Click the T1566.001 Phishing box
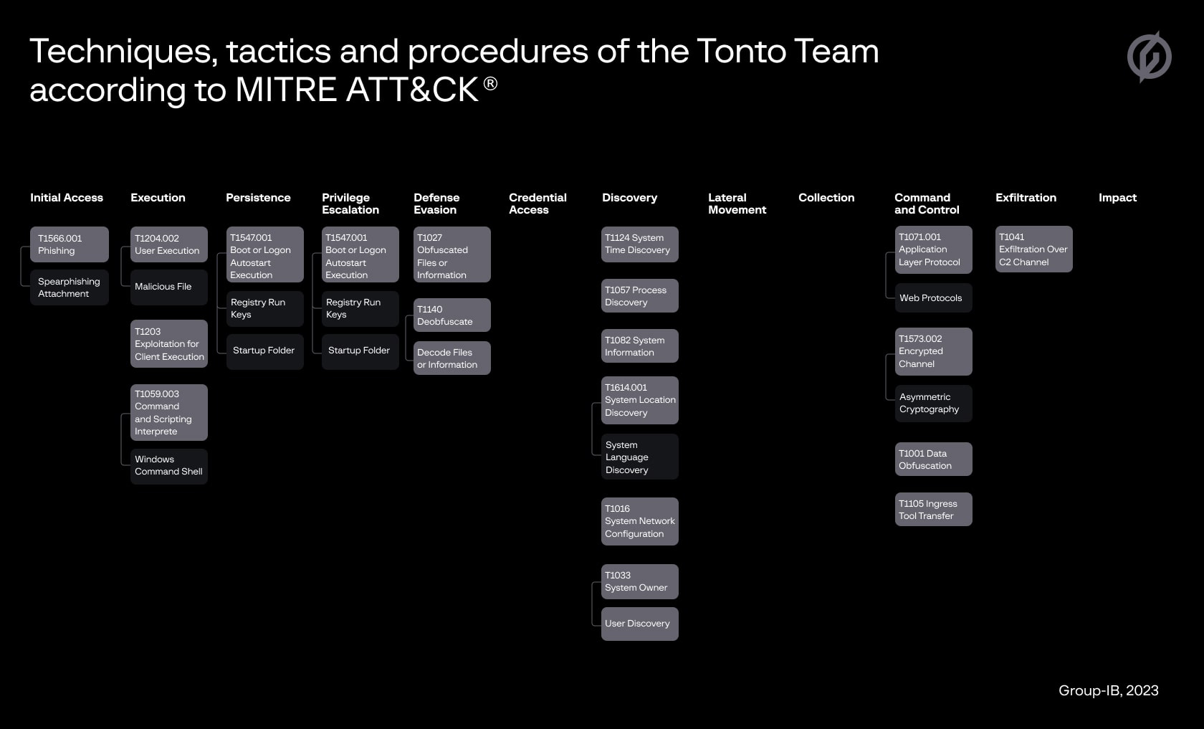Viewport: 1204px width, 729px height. pyautogui.click(x=70, y=244)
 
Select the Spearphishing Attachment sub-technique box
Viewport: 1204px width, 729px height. pyautogui.click(x=70, y=287)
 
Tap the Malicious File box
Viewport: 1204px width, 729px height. pyautogui.click(x=169, y=287)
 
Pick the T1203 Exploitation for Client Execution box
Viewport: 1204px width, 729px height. pyautogui.click(x=169, y=344)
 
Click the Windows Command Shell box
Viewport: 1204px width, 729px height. pyautogui.click(x=169, y=466)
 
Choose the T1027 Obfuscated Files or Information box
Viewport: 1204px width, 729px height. pyautogui.click(x=452, y=255)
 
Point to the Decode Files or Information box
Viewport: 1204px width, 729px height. pyautogui.click(x=452, y=358)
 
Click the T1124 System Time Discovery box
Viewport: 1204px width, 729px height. pyautogui.click(x=639, y=244)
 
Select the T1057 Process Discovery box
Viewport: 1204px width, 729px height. pyautogui.click(x=639, y=295)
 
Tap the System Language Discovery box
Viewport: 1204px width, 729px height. pyautogui.click(x=639, y=457)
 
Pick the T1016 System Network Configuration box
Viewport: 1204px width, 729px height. pyautogui.click(x=639, y=522)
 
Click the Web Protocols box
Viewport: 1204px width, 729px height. pyautogui.click(x=934, y=298)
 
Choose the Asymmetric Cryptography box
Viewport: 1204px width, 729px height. pyautogui.click(x=934, y=403)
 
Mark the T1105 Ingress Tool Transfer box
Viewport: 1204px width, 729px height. pyautogui.click(x=934, y=510)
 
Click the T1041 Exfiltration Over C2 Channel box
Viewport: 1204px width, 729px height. pyautogui.click(x=1034, y=249)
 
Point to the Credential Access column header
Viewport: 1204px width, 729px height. pyautogui.click(x=537, y=204)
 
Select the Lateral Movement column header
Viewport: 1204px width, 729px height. pyautogui.click(x=737, y=204)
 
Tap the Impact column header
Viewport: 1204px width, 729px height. pyautogui.click(x=1117, y=198)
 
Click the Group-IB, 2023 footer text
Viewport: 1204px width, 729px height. pyautogui.click(x=1108, y=691)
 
